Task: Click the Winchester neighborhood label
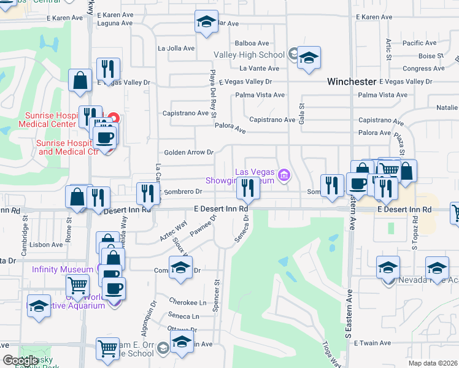[x=351, y=81]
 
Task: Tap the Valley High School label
[x=249, y=55]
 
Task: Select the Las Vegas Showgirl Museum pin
[x=283, y=175]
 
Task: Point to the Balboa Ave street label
[x=252, y=43]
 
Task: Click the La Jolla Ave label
[x=176, y=48]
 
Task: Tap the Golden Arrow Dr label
[x=188, y=152]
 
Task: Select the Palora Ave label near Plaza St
[x=374, y=132]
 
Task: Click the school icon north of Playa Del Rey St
[x=204, y=21]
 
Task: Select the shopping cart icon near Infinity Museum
[x=77, y=285]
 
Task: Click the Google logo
[x=20, y=361]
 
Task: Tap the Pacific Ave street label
[x=420, y=43]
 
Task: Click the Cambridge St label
[x=25, y=232]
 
